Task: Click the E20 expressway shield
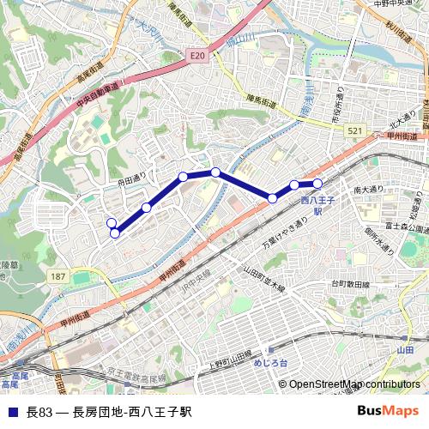tap(198, 55)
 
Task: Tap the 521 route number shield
tap(354, 130)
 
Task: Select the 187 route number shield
tap(57, 275)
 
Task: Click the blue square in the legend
tap(12, 411)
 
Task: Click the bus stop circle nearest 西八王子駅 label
tap(317, 183)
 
